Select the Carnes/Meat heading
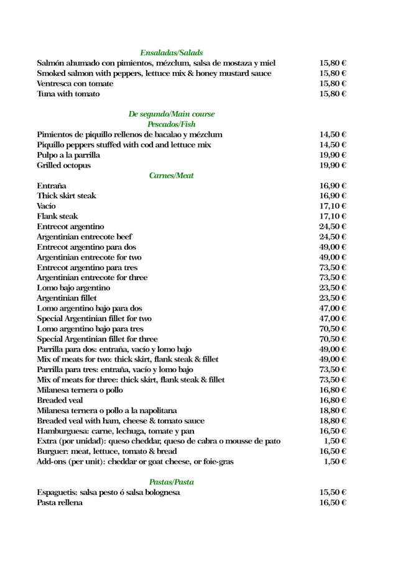click(172, 176)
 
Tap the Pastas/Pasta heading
click(172, 481)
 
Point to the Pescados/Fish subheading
click(172, 125)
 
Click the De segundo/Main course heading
click(172, 114)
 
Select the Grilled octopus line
click(64, 166)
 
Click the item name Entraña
click(52, 186)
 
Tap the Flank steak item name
click(58, 216)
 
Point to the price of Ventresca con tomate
click(333, 84)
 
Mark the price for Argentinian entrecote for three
click(333, 278)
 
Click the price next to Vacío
click(333, 206)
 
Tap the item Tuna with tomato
click(68, 94)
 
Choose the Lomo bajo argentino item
click(74, 288)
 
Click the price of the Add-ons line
click(335, 461)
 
